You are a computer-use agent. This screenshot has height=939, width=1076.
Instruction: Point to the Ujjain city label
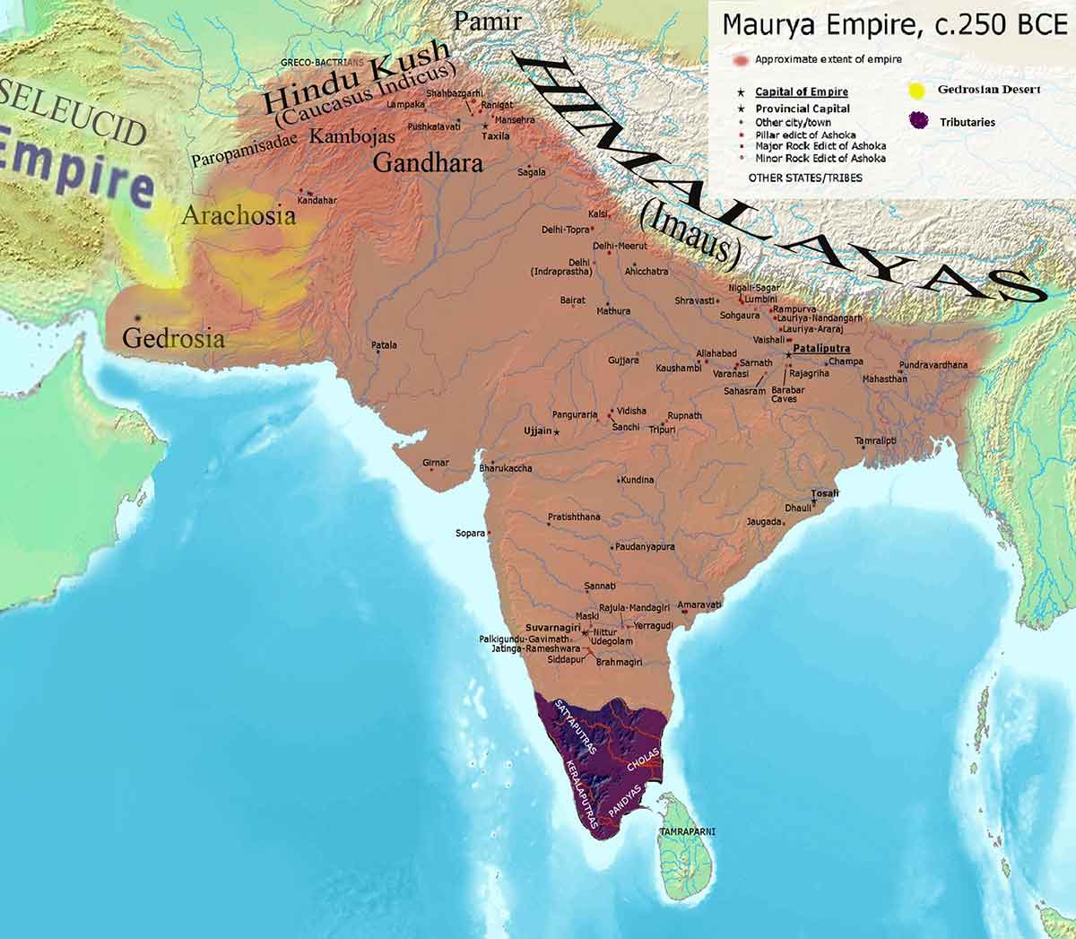(537, 431)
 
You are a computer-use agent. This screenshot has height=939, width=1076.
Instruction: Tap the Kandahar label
(317, 200)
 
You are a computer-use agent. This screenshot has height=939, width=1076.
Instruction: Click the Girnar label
(435, 463)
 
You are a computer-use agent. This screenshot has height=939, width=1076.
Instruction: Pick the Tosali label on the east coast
(824, 493)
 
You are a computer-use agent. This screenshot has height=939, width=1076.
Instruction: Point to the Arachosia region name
(238, 216)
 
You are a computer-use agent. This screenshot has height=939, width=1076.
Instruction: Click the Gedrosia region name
(173, 340)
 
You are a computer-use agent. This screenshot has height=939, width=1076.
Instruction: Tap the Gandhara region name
(428, 163)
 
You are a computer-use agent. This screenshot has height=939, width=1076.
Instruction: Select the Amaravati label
(699, 605)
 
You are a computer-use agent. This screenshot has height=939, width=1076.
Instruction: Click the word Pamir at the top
(488, 21)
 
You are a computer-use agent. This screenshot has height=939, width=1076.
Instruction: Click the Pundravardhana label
(933, 365)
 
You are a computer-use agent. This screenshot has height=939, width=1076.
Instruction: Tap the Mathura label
(613, 311)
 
